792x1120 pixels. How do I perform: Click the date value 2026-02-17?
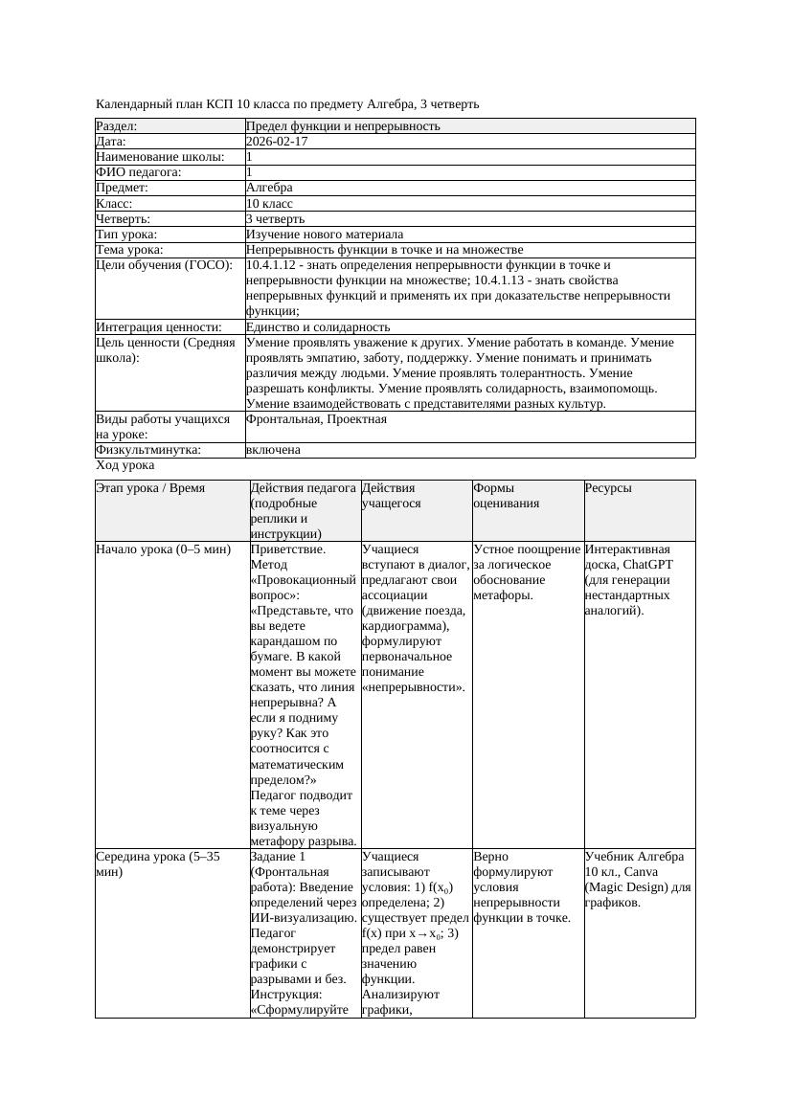click(277, 142)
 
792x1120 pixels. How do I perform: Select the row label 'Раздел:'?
click(117, 126)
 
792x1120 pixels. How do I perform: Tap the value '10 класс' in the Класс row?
click(269, 204)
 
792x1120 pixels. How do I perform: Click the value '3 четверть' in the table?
click(275, 219)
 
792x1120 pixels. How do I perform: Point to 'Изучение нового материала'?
click(325, 235)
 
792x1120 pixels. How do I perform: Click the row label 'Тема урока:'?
click(130, 250)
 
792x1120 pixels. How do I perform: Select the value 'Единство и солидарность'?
click(318, 327)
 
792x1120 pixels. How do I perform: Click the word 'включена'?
click(273, 450)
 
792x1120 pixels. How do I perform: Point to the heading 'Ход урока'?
click(124, 465)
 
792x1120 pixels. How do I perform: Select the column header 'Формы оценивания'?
click(506, 495)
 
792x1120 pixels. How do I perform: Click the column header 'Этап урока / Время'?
click(150, 488)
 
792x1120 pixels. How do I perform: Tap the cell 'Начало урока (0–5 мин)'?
click(164, 549)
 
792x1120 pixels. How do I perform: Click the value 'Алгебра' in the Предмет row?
click(269, 188)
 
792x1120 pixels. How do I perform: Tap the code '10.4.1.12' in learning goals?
click(274, 265)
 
